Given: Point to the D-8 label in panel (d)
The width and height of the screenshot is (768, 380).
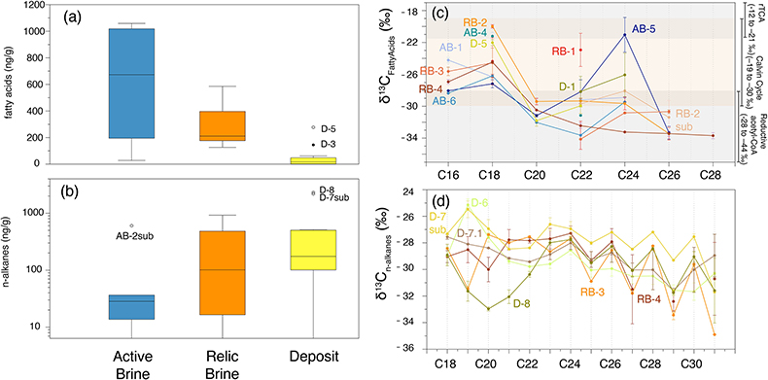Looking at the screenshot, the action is point(523,303).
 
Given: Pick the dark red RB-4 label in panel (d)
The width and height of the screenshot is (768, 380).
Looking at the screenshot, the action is point(649,297).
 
